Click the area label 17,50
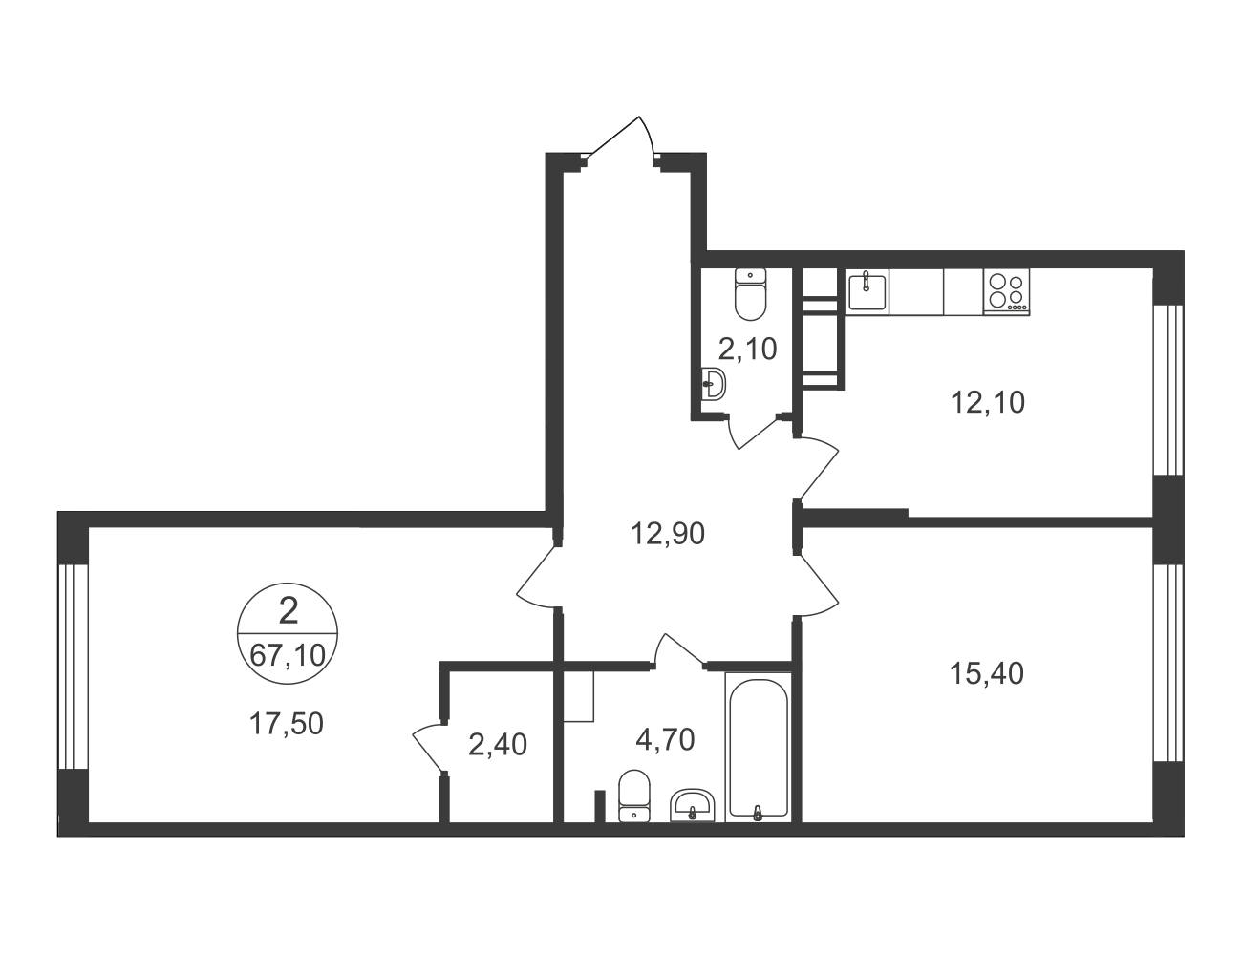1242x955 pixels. pyautogui.click(x=287, y=724)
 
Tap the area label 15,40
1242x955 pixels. pyautogui.click(x=987, y=674)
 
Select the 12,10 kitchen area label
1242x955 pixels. pyautogui.click(x=988, y=403)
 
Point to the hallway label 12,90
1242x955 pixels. pyautogui.click(x=668, y=534)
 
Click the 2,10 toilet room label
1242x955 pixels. pyautogui.click(x=748, y=349)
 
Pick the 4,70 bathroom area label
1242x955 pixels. pyautogui.click(x=665, y=739)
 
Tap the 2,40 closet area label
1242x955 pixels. pyautogui.click(x=497, y=745)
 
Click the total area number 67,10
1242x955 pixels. pyautogui.click(x=288, y=655)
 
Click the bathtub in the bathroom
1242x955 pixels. pyautogui.click(x=759, y=747)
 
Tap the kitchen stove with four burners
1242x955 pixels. pyautogui.click(x=1007, y=292)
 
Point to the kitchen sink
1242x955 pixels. pyautogui.click(x=867, y=291)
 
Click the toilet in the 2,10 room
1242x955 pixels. pyautogui.click(x=750, y=293)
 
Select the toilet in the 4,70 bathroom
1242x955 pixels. pyautogui.click(x=634, y=796)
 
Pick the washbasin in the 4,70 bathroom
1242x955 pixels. pyautogui.click(x=692, y=805)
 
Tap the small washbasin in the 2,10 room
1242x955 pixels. pyautogui.click(x=714, y=383)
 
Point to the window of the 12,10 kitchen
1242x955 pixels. pyautogui.click(x=1167, y=390)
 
